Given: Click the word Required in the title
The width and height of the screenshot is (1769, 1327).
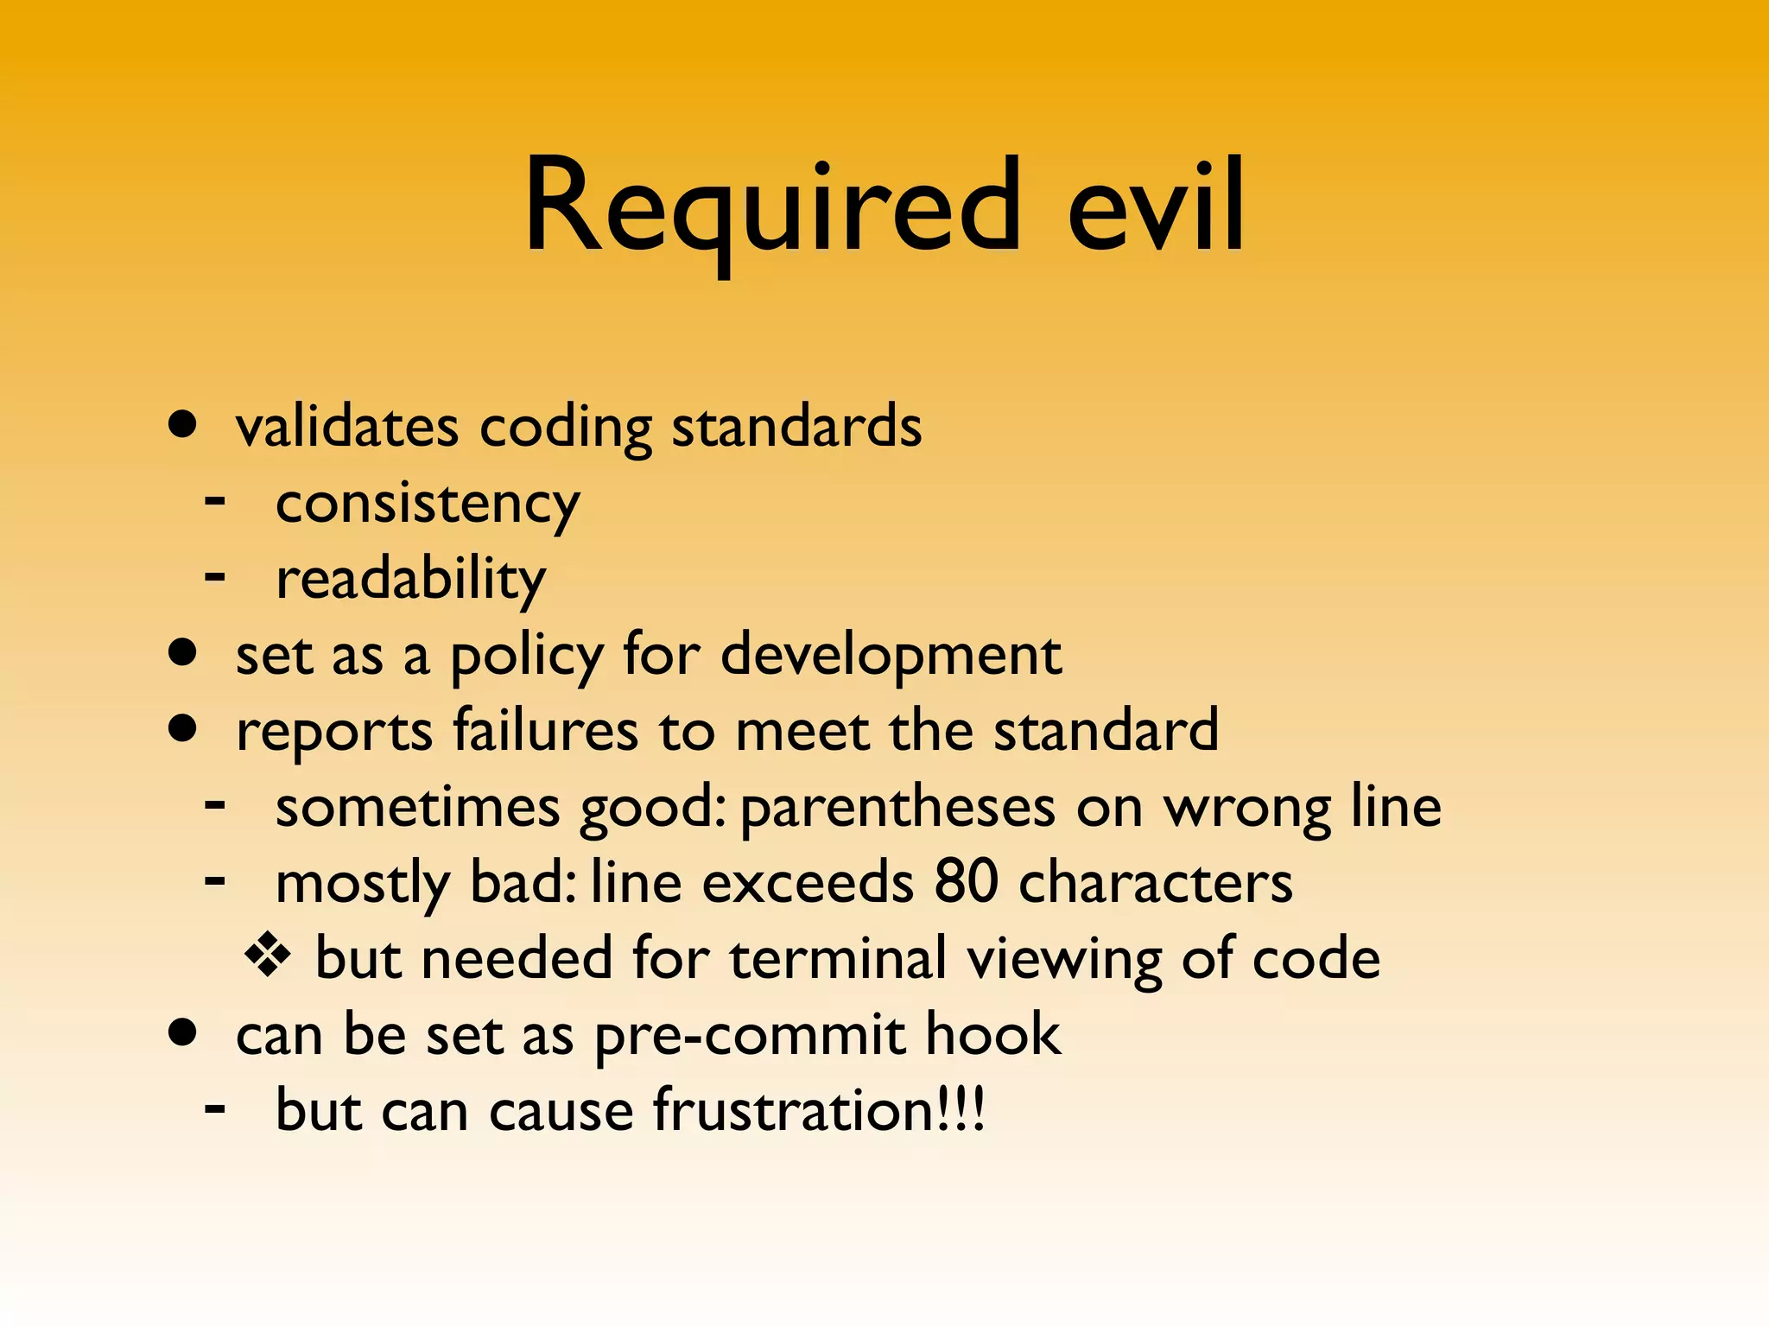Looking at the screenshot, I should [773, 207].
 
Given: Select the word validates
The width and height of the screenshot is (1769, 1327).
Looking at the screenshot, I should [347, 427].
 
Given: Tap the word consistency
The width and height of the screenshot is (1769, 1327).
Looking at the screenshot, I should [428, 505].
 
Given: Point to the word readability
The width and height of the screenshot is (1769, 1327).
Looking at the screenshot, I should [410, 579].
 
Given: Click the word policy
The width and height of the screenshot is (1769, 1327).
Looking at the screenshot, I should [527, 657].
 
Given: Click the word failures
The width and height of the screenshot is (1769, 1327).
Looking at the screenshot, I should [546, 731].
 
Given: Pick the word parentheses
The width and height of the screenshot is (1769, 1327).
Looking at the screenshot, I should [898, 809].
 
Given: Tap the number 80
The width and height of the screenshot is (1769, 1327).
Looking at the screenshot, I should [966, 882].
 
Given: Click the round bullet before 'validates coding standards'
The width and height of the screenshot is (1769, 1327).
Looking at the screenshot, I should [183, 425].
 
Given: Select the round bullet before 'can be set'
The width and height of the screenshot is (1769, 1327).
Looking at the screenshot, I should [183, 1032].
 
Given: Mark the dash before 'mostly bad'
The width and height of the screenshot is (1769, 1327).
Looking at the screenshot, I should [215, 882].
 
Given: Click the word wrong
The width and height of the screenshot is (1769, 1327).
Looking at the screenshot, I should [1246, 809].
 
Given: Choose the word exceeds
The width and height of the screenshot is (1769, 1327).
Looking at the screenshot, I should [807, 882].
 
